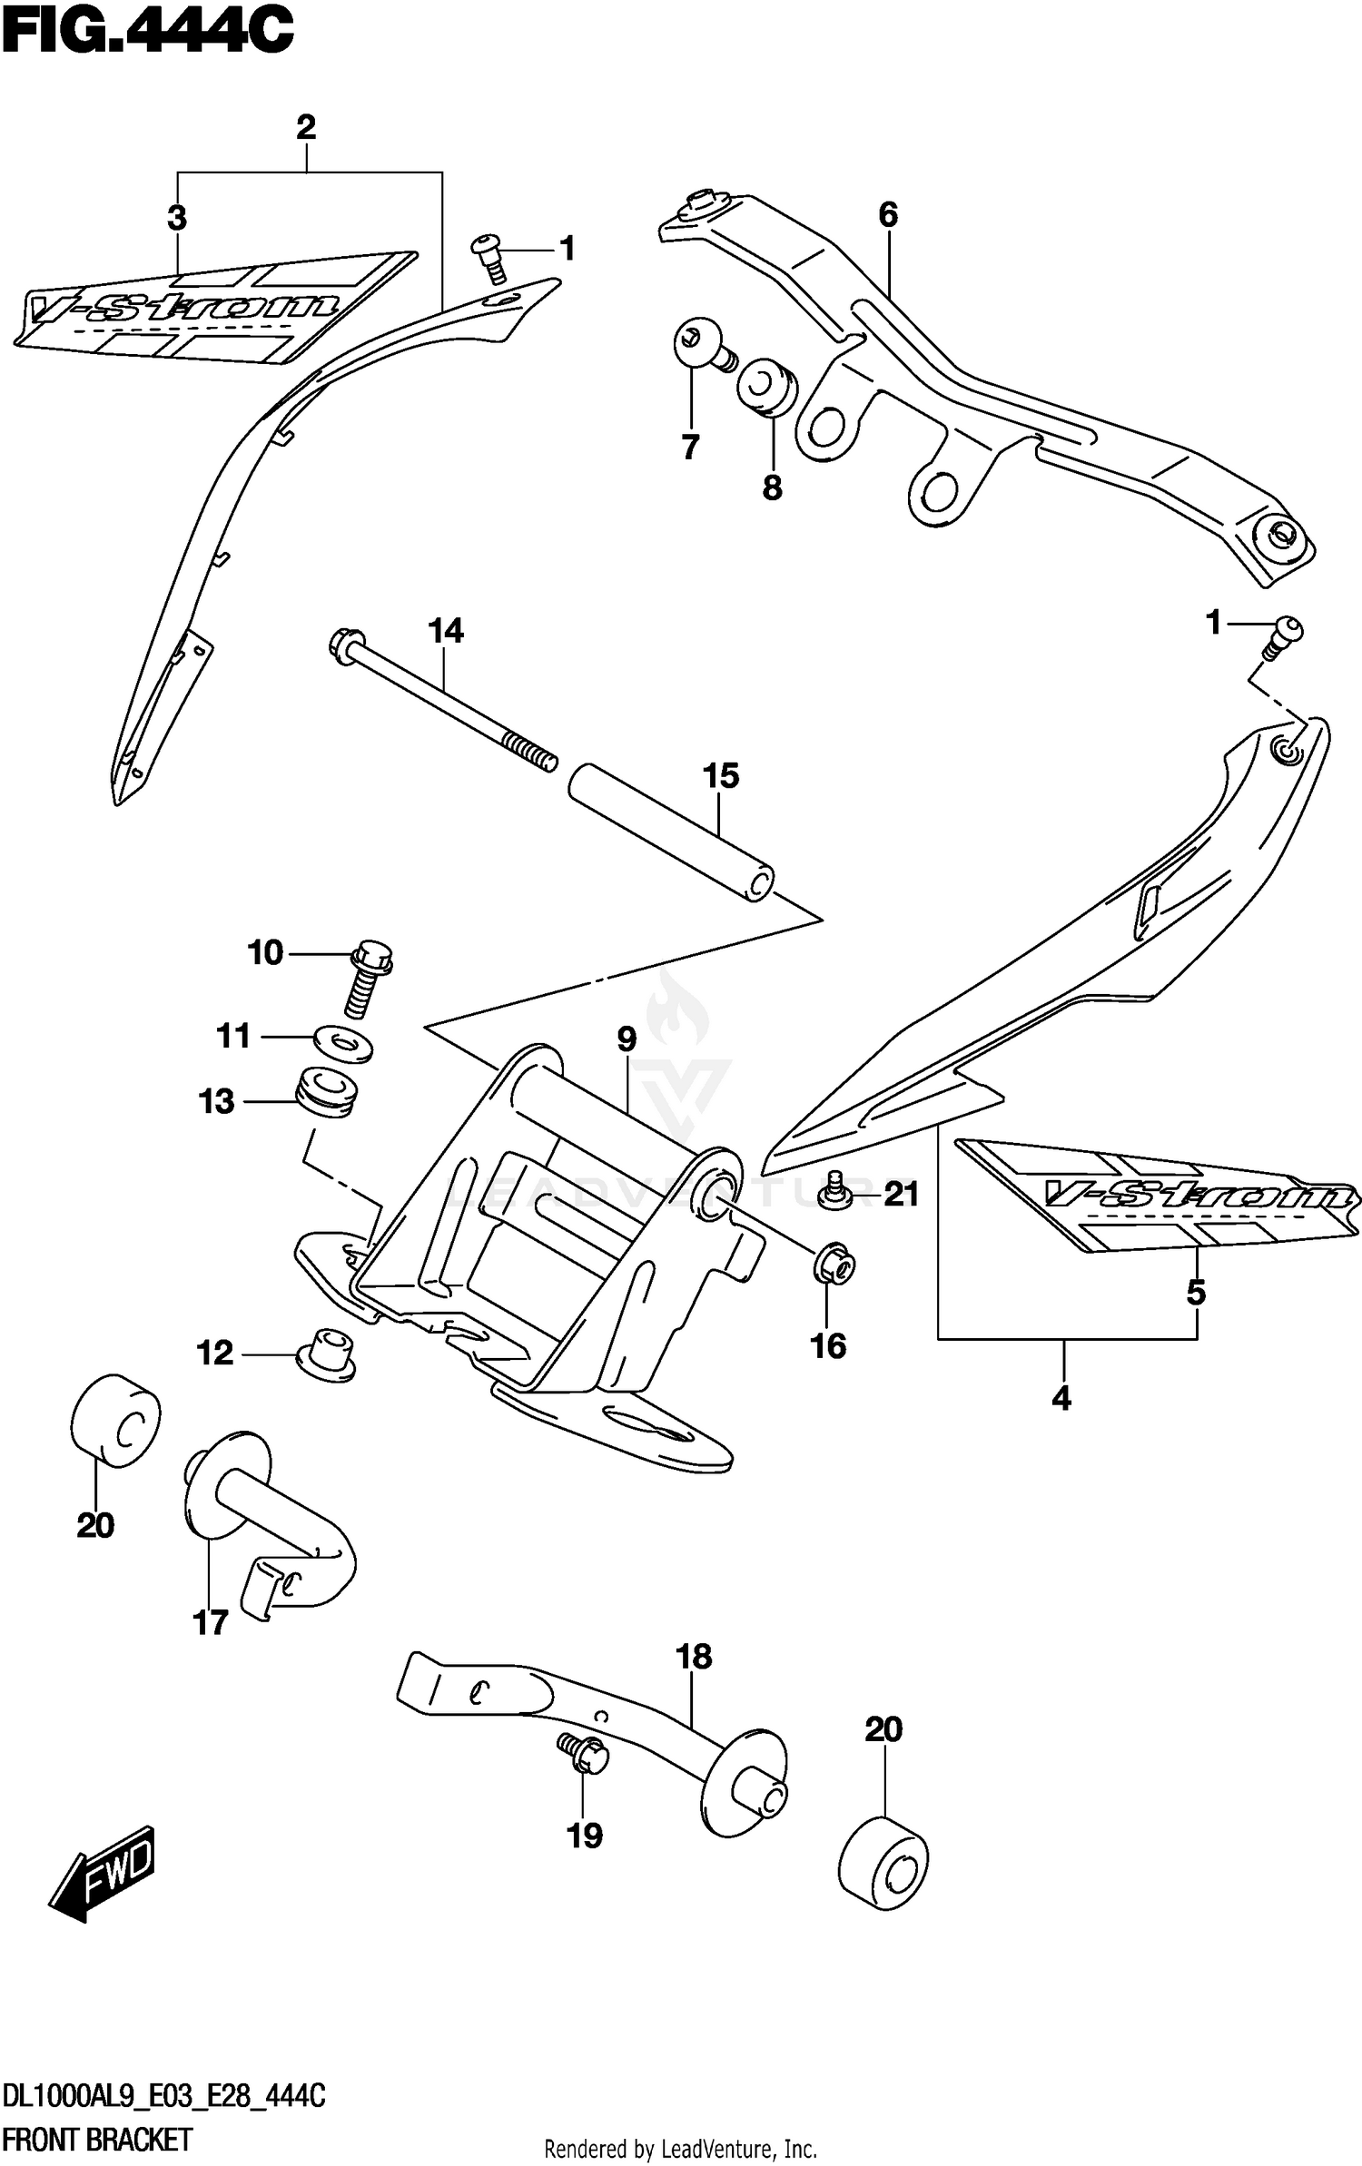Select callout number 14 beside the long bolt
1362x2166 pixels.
(x=445, y=631)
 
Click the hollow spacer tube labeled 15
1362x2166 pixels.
(x=672, y=833)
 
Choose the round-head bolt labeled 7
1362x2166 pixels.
(x=701, y=347)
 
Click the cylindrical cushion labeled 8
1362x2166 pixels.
(x=767, y=388)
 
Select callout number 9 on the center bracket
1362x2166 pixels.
(x=627, y=1039)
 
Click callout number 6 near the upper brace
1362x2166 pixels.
(x=888, y=215)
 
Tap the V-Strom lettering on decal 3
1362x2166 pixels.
(x=182, y=309)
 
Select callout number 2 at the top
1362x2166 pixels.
(x=306, y=127)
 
